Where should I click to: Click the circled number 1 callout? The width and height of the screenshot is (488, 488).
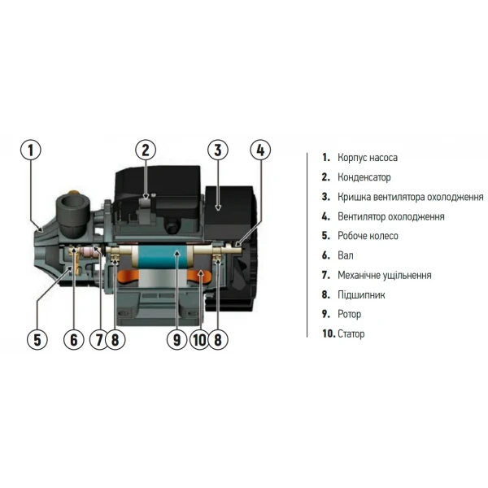pyautogui.click(x=30, y=150)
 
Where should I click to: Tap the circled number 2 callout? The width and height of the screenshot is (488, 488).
pyautogui.click(x=146, y=150)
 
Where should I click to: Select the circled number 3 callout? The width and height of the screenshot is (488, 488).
pyautogui.click(x=216, y=150)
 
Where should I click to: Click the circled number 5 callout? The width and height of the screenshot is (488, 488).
pyautogui.click(x=37, y=339)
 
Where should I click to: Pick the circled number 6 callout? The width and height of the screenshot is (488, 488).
pyautogui.click(x=75, y=339)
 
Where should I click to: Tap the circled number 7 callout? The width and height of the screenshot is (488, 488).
pyautogui.click(x=99, y=339)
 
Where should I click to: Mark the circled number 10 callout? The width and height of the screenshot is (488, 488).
pyautogui.click(x=199, y=339)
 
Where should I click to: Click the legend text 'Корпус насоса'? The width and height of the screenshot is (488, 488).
pyautogui.click(x=368, y=158)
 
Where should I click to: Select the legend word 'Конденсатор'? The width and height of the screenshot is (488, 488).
pyautogui.click(x=364, y=177)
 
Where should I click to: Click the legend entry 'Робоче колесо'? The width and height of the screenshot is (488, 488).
pyautogui.click(x=368, y=236)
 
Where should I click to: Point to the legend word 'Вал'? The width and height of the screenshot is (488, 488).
pyautogui.click(x=346, y=255)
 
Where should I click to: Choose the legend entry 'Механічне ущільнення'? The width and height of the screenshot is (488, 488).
pyautogui.click(x=386, y=275)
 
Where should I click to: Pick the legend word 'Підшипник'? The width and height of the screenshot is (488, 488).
pyautogui.click(x=361, y=294)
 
